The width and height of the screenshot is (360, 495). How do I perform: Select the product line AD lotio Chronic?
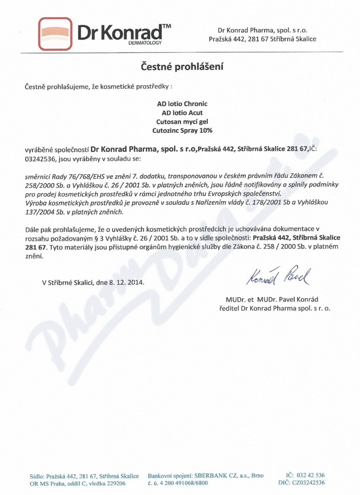click(x=182, y=103)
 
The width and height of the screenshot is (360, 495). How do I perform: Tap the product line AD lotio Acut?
click(x=182, y=112)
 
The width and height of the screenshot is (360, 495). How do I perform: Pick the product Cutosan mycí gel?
click(x=182, y=121)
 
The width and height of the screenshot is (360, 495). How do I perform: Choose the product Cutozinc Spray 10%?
click(x=182, y=130)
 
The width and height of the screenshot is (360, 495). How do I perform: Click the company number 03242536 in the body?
click(x=38, y=158)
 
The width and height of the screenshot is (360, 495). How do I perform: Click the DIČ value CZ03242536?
click(x=307, y=483)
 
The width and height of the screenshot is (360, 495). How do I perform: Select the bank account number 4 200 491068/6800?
click(x=181, y=483)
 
